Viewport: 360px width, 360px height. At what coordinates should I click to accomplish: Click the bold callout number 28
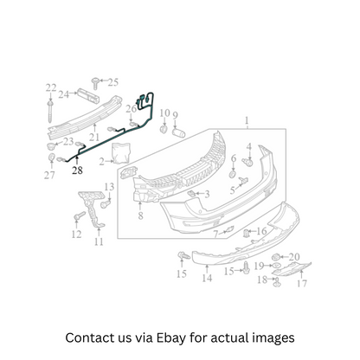(x=77, y=170)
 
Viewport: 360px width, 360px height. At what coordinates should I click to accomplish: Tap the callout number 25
(x=113, y=82)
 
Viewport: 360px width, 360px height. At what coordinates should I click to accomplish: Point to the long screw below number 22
(x=51, y=112)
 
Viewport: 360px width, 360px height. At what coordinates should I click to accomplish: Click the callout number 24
(x=63, y=94)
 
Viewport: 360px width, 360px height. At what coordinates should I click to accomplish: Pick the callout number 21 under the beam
(x=94, y=137)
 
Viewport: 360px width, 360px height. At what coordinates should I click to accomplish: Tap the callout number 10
(x=164, y=113)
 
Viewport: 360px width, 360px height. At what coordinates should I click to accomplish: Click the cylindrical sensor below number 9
(x=178, y=133)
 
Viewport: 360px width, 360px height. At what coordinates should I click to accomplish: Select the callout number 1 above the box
(x=247, y=120)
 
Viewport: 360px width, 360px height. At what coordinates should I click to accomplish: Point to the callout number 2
(x=101, y=162)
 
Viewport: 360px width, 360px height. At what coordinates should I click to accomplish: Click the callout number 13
(x=109, y=187)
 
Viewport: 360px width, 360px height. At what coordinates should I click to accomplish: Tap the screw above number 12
(x=80, y=215)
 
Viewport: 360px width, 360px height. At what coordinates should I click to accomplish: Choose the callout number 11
(x=99, y=241)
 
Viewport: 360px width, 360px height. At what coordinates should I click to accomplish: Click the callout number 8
(x=140, y=215)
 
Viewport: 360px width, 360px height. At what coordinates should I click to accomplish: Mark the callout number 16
(x=261, y=231)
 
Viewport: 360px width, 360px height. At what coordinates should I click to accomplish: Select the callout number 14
(x=207, y=278)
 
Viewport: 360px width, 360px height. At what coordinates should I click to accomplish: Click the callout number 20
(x=294, y=256)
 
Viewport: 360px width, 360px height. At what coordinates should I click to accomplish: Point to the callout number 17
(x=302, y=284)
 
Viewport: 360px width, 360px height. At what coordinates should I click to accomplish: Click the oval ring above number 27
(x=52, y=158)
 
